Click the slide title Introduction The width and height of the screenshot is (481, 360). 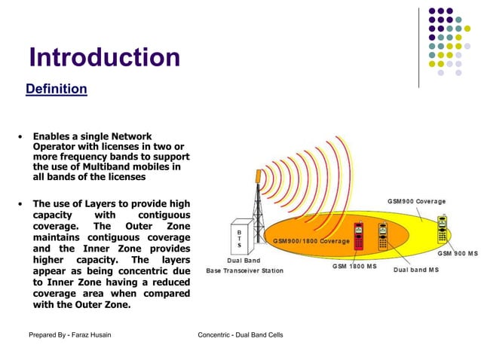(104, 57)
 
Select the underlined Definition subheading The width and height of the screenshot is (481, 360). (56, 89)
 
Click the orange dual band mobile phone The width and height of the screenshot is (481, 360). (383, 236)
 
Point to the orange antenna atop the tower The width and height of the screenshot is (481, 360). (258, 175)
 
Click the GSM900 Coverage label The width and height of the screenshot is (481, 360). (416, 201)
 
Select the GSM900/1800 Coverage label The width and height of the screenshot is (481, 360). (311, 241)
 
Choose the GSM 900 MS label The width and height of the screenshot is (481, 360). (457, 254)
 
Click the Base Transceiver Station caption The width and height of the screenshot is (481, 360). (244, 270)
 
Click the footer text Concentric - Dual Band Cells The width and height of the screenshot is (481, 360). (240, 334)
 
